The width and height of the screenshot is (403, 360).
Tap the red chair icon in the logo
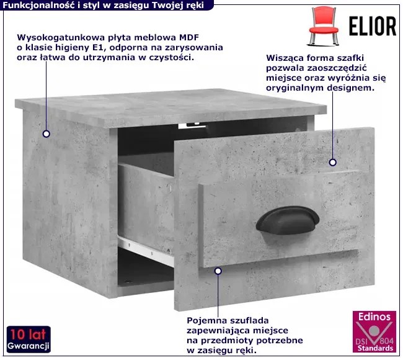(323, 26)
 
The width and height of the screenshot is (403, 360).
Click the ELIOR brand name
(373, 26)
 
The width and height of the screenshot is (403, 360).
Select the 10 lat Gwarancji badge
(29, 340)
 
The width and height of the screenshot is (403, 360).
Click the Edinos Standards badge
(374, 332)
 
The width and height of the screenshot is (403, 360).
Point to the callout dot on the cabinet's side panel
(46, 134)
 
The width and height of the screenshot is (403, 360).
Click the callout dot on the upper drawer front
(333, 163)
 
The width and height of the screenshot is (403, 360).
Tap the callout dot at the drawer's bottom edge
(218, 271)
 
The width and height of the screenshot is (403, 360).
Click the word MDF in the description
(189, 38)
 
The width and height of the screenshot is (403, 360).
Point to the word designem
(351, 88)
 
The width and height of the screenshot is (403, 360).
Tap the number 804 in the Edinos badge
(386, 341)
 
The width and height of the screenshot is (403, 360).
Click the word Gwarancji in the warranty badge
(29, 346)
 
